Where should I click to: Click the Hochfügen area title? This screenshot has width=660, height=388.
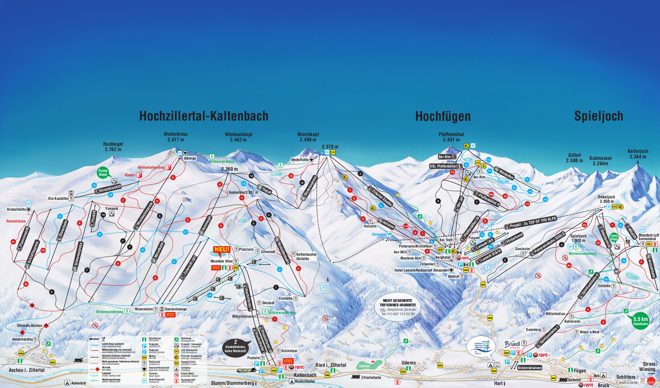tap(443, 116)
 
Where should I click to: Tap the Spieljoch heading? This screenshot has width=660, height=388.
tap(599, 116)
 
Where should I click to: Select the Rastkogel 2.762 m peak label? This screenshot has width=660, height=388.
tap(113, 147)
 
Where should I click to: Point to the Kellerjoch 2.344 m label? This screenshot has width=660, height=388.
tap(638, 154)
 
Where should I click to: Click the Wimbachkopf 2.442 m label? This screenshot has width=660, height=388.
tap(238, 137)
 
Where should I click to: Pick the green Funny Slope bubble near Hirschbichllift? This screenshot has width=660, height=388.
tap(103, 173)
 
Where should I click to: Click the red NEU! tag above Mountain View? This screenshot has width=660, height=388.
tap(222, 250)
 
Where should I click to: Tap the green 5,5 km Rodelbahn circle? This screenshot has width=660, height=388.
tap(640, 321)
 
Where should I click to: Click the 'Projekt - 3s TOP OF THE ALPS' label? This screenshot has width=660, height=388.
tap(530, 222)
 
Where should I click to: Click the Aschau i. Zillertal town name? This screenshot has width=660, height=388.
tap(26, 370)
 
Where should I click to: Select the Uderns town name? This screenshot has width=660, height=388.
tap(408, 363)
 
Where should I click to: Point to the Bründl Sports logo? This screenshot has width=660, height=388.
tap(512, 344)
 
